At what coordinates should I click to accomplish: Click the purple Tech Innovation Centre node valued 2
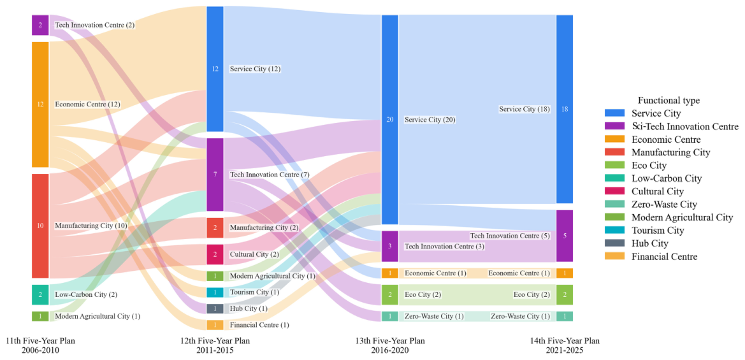[x=40, y=25]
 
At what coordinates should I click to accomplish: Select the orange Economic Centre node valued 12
[x=40, y=104]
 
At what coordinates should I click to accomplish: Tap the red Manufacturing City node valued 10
[x=40, y=226]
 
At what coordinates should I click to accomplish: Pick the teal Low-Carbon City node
[x=40, y=294]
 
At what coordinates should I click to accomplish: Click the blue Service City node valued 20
[x=389, y=120]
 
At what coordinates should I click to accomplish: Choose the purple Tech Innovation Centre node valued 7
[x=215, y=175]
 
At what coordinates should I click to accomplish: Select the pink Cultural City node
[x=215, y=255]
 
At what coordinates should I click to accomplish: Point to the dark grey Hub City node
[x=215, y=308]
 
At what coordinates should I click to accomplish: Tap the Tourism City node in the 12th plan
[x=215, y=292]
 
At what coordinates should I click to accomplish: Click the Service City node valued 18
[x=565, y=109]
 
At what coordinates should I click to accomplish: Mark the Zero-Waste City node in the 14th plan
[x=565, y=316]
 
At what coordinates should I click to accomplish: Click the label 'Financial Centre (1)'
[x=259, y=326]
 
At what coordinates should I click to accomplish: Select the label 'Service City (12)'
[x=255, y=69]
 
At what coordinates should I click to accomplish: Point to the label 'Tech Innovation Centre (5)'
[x=510, y=236]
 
